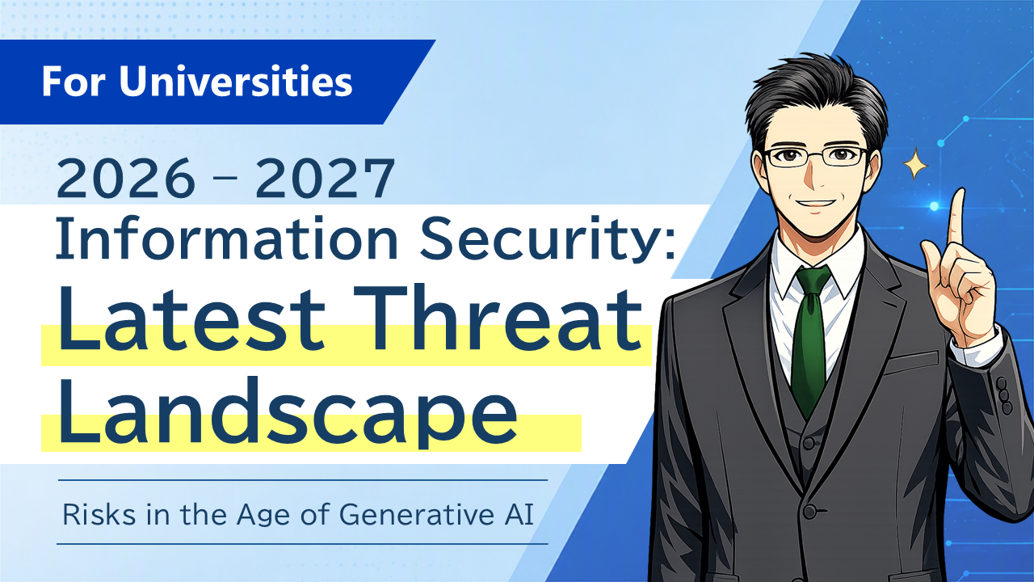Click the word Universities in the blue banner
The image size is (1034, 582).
[x=235, y=82]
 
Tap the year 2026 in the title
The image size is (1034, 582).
[x=125, y=178]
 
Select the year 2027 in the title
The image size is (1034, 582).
[x=325, y=178]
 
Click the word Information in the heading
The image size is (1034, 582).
[x=227, y=238]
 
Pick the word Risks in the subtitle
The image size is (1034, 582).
[x=99, y=514]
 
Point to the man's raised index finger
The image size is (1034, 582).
[x=956, y=217]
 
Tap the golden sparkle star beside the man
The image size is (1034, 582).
[x=915, y=163]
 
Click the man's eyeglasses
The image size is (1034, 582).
[x=816, y=157]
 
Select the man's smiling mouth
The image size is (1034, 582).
[x=816, y=203]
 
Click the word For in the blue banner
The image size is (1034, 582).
[x=74, y=82]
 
